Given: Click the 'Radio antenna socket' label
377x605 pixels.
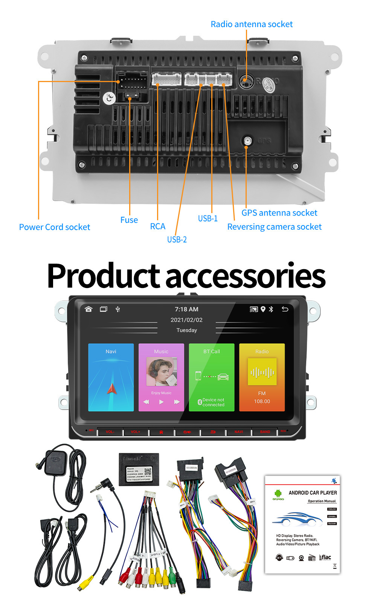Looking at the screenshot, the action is [252, 24].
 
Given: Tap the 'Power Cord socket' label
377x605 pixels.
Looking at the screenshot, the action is [55, 227].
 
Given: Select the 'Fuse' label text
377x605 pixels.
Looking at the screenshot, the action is [129, 220].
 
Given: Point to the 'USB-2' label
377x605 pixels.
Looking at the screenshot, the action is [177, 239].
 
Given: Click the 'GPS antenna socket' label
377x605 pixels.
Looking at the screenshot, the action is [279, 213].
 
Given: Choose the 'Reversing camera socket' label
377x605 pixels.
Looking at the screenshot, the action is [274, 227].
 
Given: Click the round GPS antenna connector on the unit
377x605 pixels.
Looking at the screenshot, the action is [247, 141].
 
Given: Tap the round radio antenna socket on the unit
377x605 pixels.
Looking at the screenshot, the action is [245, 80].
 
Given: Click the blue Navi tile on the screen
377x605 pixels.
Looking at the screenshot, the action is [111, 377].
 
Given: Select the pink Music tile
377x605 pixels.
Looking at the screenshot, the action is [161, 377].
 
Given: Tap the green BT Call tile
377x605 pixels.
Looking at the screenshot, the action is [211, 377].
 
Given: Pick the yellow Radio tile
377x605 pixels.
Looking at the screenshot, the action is [262, 377].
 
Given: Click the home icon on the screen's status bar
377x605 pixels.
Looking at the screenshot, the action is [89, 309].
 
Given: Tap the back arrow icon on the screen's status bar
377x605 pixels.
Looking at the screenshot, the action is [285, 309].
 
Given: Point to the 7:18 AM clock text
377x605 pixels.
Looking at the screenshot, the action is [186, 309].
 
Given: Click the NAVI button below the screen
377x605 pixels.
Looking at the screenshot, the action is [239, 432].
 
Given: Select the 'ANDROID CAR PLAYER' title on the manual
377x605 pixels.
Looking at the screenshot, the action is [313, 492].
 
